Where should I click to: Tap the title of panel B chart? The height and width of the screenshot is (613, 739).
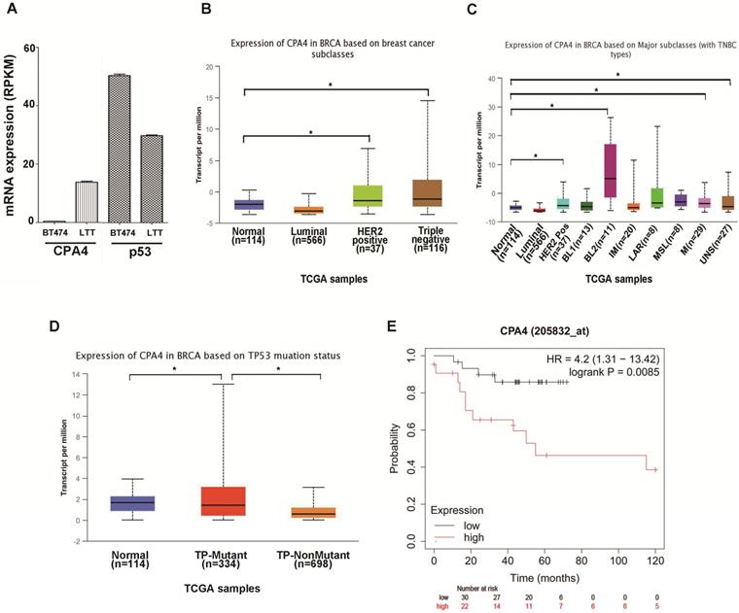pyautogui.click(x=337, y=50)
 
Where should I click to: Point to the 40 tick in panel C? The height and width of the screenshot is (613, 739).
pyautogui.click(x=491, y=78)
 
